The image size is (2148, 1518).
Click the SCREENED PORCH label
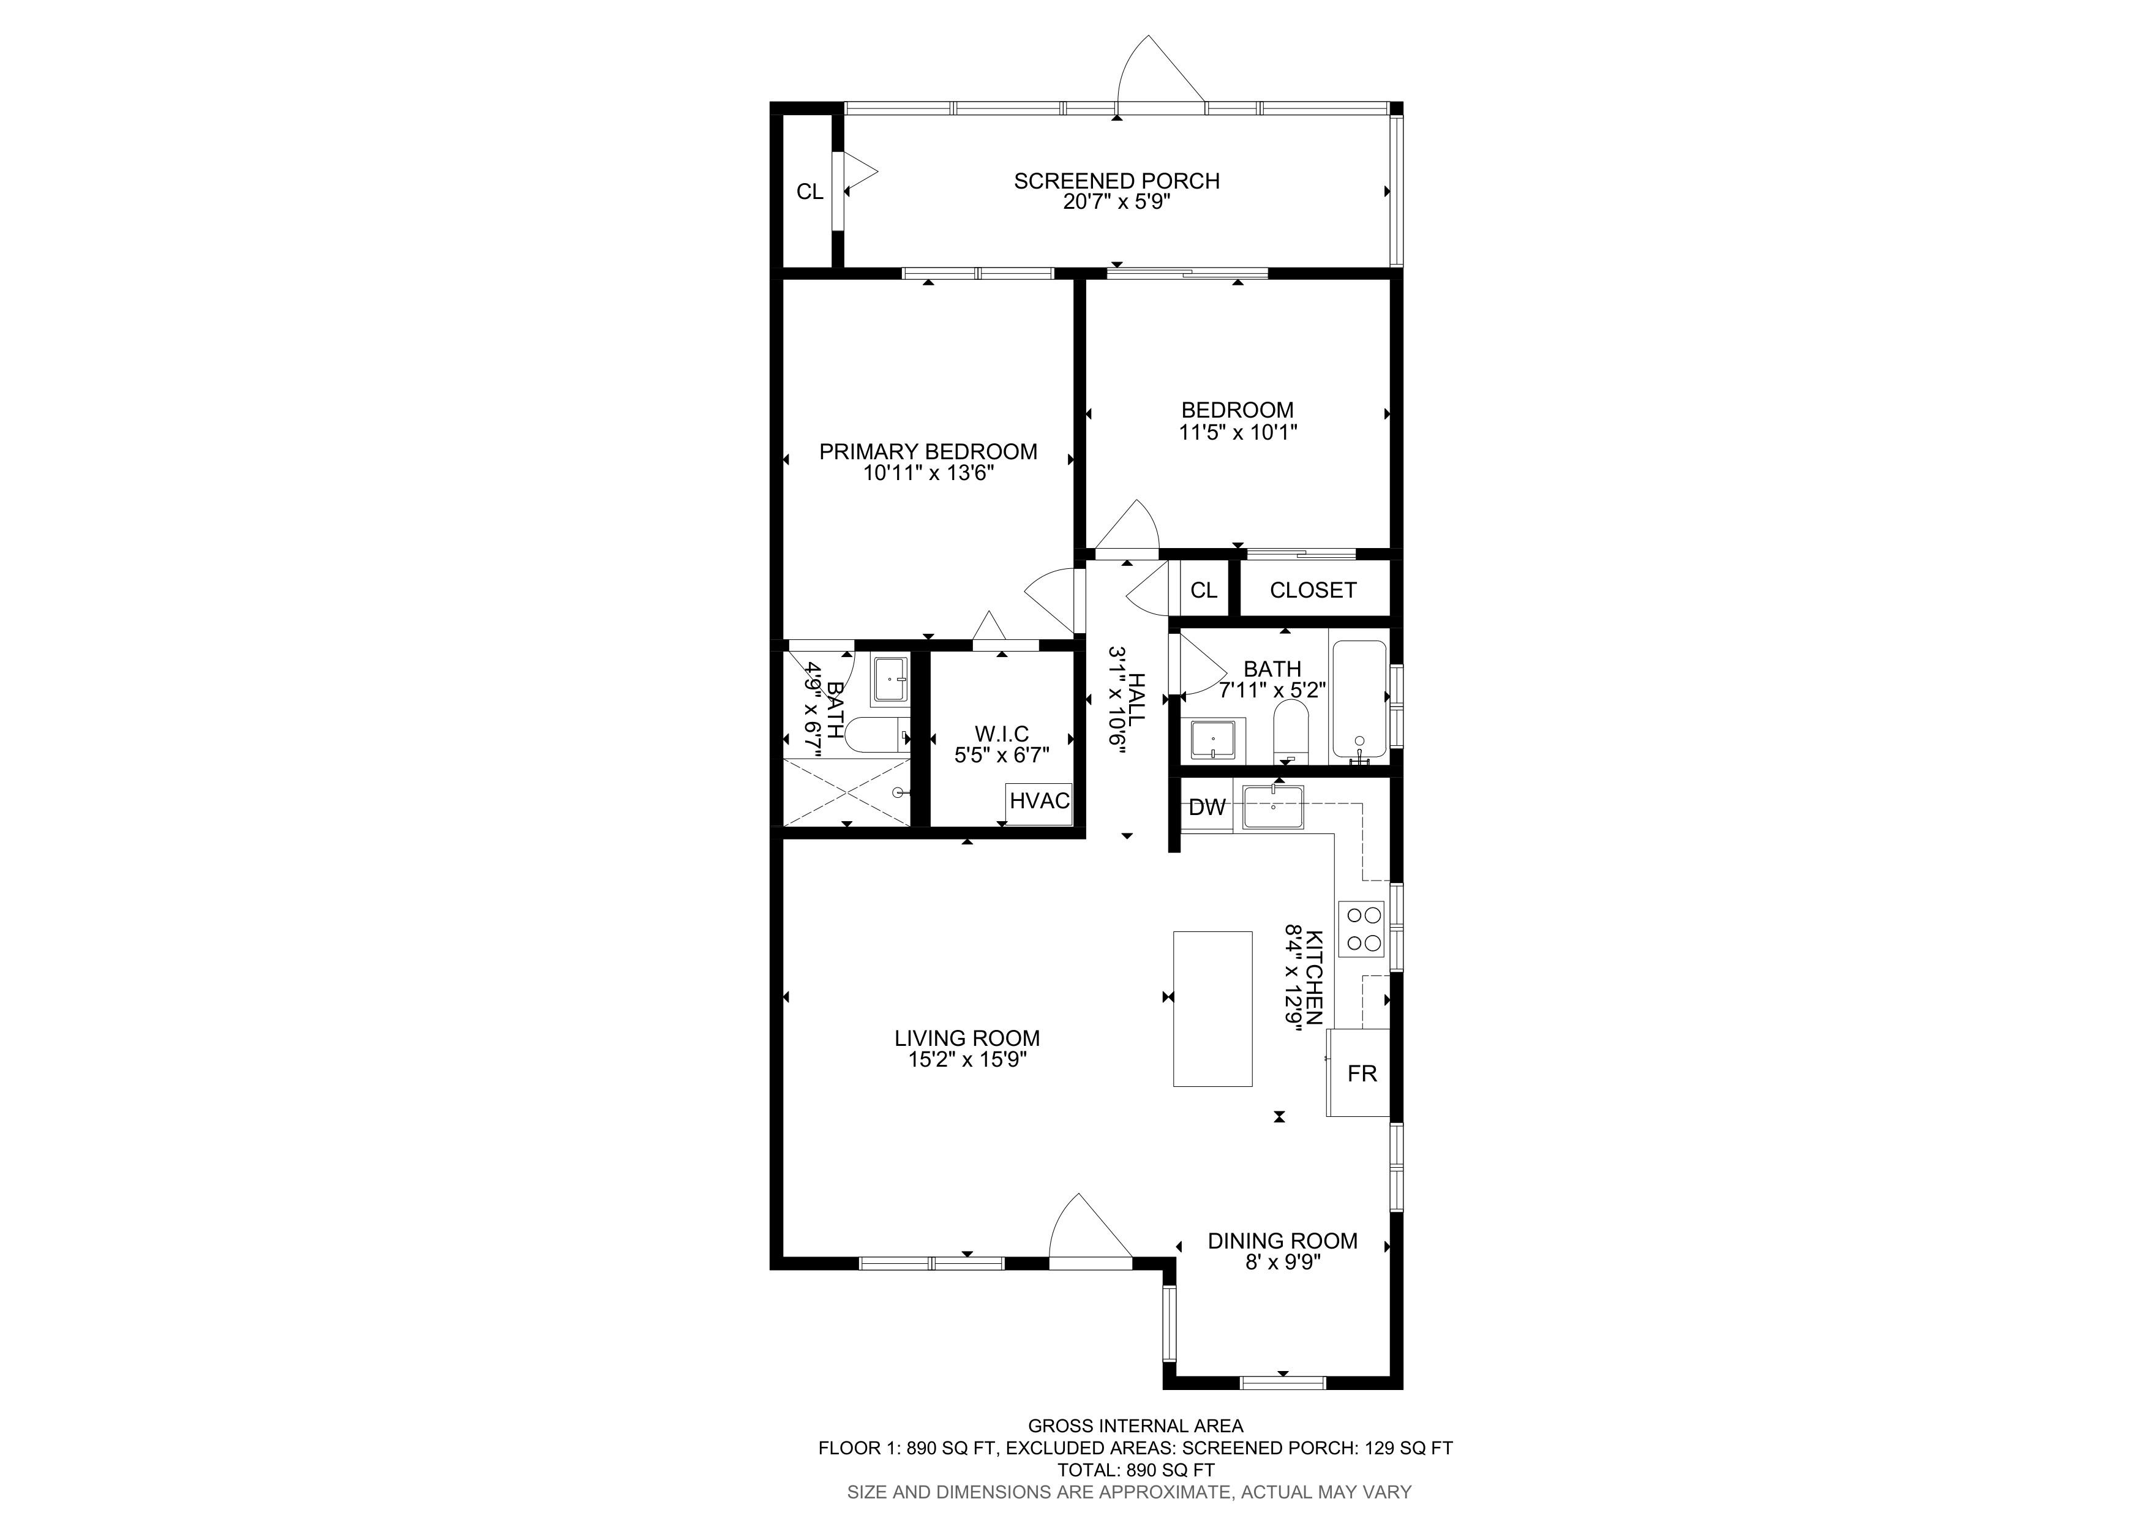click(x=1116, y=181)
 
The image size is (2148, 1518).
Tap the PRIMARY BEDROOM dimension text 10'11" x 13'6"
click(x=928, y=473)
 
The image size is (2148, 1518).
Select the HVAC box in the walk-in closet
click(x=1039, y=802)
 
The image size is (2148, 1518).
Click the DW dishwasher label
click(x=1207, y=807)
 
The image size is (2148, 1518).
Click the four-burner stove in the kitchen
click(x=1361, y=929)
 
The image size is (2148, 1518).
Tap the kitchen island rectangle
click(x=1212, y=1009)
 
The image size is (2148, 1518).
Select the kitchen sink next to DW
click(x=1272, y=806)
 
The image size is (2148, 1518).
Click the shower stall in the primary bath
click(x=847, y=791)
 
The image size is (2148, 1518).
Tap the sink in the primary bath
click(x=890, y=680)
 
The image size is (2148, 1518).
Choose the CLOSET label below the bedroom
click(x=1313, y=590)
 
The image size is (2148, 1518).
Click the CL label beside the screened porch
click(x=809, y=192)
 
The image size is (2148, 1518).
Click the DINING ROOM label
click(x=1283, y=1241)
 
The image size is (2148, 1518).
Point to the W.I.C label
click(x=1002, y=734)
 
